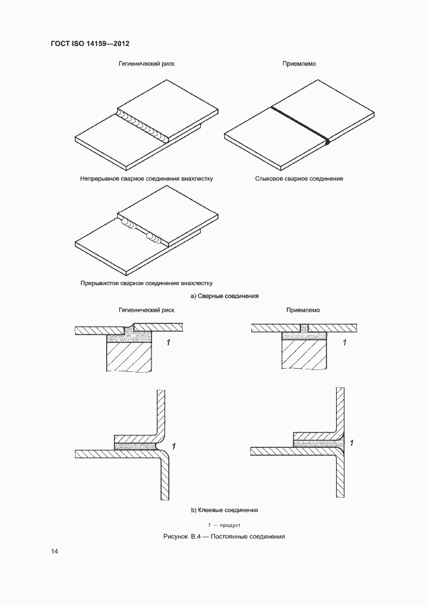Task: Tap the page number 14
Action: pyautogui.click(x=54, y=551)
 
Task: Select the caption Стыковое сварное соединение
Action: pyautogui.click(x=298, y=178)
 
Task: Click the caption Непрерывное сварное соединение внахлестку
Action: pyautogui.click(x=146, y=178)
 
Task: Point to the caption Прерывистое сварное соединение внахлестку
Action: pyautogui.click(x=146, y=283)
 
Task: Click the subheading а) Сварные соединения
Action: pyautogui.click(x=224, y=296)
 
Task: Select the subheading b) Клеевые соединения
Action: pyautogui.click(x=224, y=510)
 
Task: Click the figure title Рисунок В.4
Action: pyautogui.click(x=224, y=537)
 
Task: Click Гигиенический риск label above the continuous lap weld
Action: pyautogui.click(x=146, y=64)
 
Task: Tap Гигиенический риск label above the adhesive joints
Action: pyautogui.click(x=146, y=310)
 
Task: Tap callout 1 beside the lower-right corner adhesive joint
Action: pyautogui.click(x=350, y=443)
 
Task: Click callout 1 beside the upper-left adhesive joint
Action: pyautogui.click(x=168, y=342)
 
